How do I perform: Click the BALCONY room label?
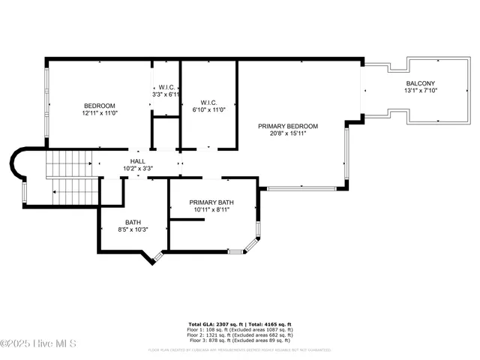click(421, 83)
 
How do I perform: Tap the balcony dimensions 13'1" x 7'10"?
click(421, 91)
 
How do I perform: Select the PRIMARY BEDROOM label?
click(288, 126)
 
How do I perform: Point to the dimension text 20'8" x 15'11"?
click(288, 133)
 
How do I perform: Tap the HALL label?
click(138, 160)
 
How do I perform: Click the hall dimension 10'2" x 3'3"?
click(138, 168)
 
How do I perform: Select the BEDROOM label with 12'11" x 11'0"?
click(100, 105)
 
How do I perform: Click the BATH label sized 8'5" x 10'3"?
click(133, 222)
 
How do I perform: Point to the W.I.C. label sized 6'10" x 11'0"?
click(209, 103)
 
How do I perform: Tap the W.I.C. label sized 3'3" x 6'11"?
click(166, 87)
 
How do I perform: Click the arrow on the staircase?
click(55, 192)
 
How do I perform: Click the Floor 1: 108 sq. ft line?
click(240, 329)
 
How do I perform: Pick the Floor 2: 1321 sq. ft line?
click(240, 334)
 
